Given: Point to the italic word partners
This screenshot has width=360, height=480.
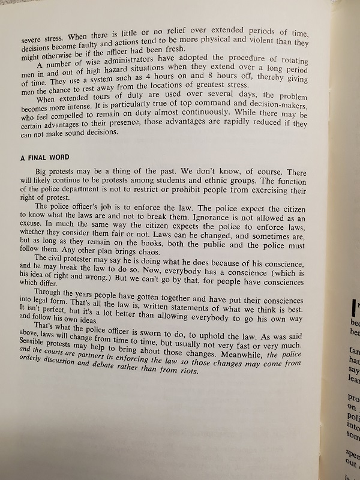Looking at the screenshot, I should tap(94, 361).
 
